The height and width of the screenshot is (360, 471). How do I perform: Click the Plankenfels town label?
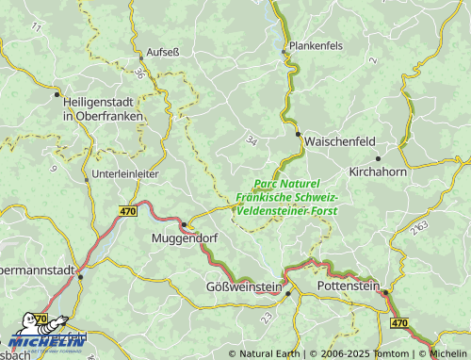pos(327,44)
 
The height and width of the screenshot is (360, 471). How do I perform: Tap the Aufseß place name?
pos(159,52)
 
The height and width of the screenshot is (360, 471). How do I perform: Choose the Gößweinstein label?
pos(243,286)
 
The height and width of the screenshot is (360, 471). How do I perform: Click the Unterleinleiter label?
pos(125,175)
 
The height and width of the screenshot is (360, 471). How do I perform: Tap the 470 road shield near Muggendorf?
pos(128,213)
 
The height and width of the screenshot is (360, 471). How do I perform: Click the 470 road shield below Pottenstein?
pos(398,322)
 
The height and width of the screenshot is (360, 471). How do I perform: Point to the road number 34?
pos(251,140)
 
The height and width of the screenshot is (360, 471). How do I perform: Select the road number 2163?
pos(420,228)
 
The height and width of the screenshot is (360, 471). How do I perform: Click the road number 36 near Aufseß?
pos(139,73)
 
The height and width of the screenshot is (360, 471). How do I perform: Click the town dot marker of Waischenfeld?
pos(300,135)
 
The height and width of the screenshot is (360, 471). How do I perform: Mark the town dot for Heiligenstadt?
pos(57,94)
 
